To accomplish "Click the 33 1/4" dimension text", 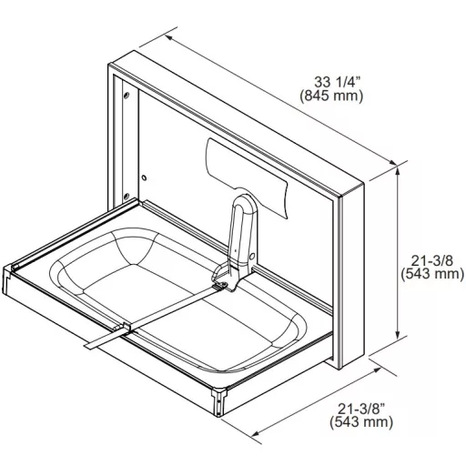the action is (x=338, y=82).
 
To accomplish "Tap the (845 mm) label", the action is (x=331, y=96).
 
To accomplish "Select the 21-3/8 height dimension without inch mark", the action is (x=431, y=260).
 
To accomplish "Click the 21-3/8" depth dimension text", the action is (x=361, y=409).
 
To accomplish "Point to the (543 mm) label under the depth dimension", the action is (x=361, y=422).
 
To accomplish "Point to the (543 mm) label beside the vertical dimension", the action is (x=432, y=274).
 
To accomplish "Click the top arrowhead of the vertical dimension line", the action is (x=398, y=170).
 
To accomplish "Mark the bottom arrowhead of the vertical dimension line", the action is (x=398, y=335).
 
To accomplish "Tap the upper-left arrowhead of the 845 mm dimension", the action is (x=168, y=38).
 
